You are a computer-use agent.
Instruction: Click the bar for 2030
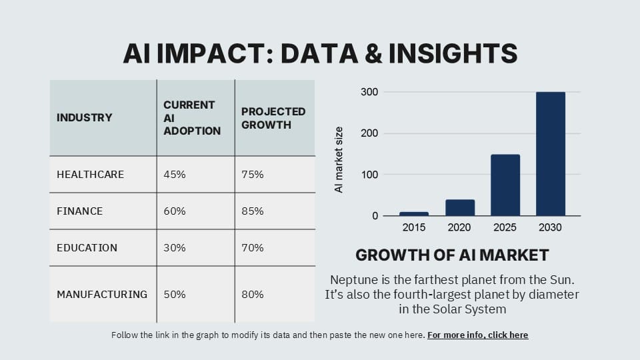(x=550, y=154)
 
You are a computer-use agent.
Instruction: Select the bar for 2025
(x=505, y=185)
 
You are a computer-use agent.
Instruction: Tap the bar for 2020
(x=459, y=207)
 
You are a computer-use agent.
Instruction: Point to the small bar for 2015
(x=414, y=213)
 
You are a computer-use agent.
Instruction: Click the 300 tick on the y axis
(x=370, y=92)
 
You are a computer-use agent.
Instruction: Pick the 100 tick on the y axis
(x=370, y=175)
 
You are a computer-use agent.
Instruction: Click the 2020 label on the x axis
(x=459, y=228)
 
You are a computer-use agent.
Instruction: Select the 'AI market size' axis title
(x=339, y=160)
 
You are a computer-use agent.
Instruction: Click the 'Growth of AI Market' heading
(x=452, y=255)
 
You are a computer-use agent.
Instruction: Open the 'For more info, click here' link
(x=477, y=335)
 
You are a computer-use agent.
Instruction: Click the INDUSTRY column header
(x=84, y=118)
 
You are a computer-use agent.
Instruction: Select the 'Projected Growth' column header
(x=273, y=118)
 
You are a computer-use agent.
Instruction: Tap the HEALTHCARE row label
(x=90, y=175)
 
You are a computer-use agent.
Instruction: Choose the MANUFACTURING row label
(x=102, y=294)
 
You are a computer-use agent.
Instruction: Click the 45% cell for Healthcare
(x=175, y=175)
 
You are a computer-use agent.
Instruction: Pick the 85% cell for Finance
(x=253, y=211)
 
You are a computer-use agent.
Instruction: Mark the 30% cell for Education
(x=175, y=248)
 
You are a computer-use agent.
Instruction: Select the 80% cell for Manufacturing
(x=253, y=294)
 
